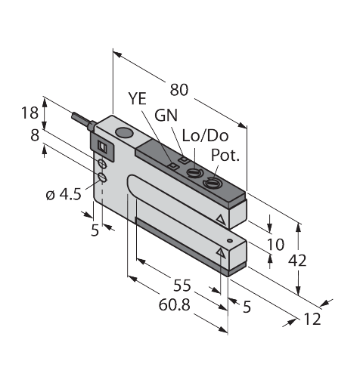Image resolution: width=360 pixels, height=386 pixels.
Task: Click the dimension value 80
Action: click(x=178, y=89)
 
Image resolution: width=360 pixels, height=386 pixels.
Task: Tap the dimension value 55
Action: click(x=182, y=286)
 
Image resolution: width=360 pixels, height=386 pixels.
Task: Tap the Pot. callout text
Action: click(x=225, y=157)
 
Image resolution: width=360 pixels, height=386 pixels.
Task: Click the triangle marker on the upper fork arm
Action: click(x=220, y=219)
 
